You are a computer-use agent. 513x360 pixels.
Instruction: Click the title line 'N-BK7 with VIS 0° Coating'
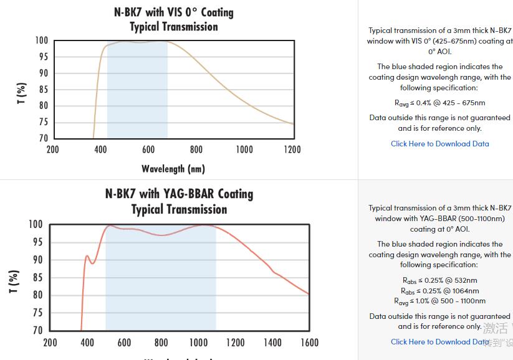pyautogui.click(x=174, y=12)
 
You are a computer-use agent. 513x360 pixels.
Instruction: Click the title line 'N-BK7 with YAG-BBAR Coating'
pyautogui.click(x=179, y=194)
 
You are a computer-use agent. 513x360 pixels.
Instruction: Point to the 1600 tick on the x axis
pyautogui.click(x=309, y=343)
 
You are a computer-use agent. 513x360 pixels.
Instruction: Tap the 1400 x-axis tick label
pyautogui.click(x=272, y=343)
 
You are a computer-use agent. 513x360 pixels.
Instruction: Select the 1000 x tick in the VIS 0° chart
pyautogui.click(x=244, y=149)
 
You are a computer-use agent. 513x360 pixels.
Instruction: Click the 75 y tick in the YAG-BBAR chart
pyautogui.click(x=37, y=313)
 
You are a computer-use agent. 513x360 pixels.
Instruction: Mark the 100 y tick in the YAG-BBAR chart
pyautogui.click(x=35, y=225)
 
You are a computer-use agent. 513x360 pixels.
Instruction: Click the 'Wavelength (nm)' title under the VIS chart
pyautogui.click(x=173, y=169)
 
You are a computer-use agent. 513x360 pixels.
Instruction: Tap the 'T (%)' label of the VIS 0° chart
pyautogui.click(x=22, y=93)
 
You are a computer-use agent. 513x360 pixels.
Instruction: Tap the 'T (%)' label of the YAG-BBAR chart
pyautogui.click(x=14, y=282)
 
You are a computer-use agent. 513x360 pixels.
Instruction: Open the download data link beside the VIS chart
pyautogui.click(x=439, y=144)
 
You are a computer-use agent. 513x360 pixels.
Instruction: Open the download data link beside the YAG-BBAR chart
pyautogui.click(x=439, y=342)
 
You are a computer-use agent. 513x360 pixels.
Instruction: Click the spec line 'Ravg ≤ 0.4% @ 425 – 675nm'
pyautogui.click(x=439, y=103)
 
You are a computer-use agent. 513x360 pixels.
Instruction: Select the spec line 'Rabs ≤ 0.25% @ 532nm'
pyautogui.click(x=439, y=280)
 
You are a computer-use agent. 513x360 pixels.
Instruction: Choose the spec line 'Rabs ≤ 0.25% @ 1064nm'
pyautogui.click(x=439, y=291)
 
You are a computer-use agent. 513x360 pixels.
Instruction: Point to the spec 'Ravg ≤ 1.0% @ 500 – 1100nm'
pyautogui.click(x=439, y=301)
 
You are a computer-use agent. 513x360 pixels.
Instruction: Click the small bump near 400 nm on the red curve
pyautogui.click(x=87, y=255)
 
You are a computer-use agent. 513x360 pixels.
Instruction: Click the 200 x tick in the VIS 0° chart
pyautogui.click(x=53, y=149)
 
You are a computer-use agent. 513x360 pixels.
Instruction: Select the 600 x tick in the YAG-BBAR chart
pyautogui.click(x=124, y=343)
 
